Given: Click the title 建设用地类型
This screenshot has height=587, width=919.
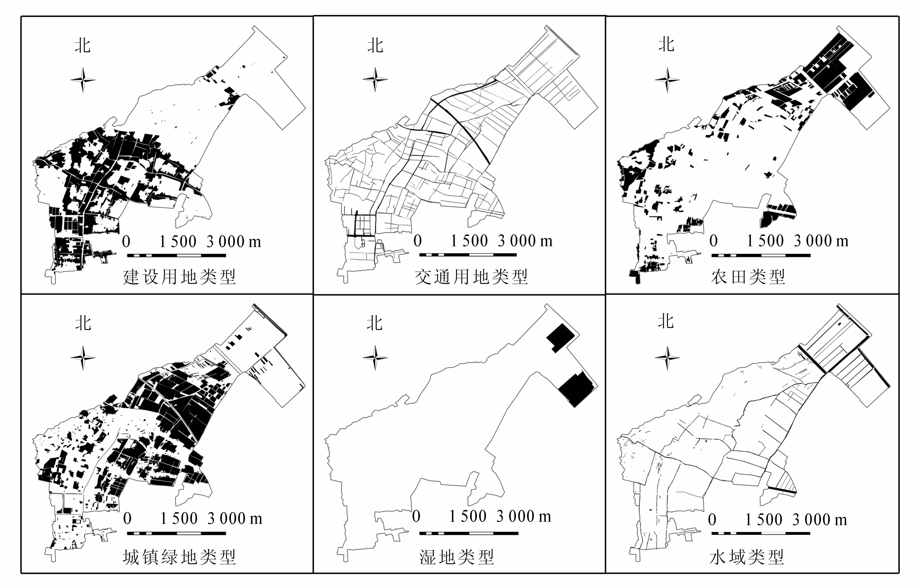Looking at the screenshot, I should click(179, 277).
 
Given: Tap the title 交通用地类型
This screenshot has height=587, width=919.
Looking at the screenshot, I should click(471, 277).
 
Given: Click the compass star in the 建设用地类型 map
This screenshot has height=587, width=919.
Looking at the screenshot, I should click(83, 80).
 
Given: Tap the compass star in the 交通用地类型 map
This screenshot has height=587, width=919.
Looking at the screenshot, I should click(375, 80).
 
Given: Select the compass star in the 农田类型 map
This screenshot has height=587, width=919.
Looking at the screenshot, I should click(667, 80).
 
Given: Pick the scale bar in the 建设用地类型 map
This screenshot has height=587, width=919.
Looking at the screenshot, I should click(176, 255).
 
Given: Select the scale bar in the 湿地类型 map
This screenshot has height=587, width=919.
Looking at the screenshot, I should click(469, 533).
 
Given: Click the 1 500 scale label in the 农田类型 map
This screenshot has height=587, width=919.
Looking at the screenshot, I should click(765, 241).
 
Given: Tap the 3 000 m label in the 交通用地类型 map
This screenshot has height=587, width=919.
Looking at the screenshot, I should click(525, 241).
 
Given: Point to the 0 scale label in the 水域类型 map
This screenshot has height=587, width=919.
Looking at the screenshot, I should click(712, 520).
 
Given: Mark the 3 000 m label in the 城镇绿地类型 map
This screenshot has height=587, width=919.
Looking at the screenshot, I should click(235, 519).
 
